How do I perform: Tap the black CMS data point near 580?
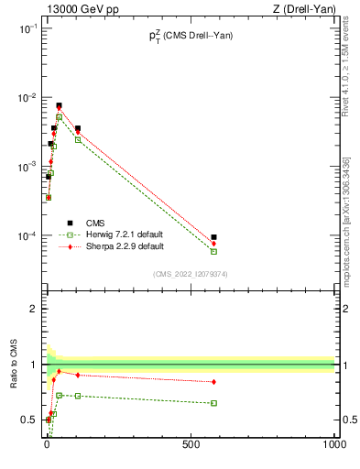[x=213, y=237]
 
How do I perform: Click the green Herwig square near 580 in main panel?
[x=213, y=251]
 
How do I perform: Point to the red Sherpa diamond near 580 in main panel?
[x=213, y=243]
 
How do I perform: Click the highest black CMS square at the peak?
[x=59, y=105]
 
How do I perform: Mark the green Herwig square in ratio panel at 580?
[x=213, y=403]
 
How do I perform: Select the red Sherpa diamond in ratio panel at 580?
[x=213, y=382]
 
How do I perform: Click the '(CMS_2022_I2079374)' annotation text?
[x=189, y=273]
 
